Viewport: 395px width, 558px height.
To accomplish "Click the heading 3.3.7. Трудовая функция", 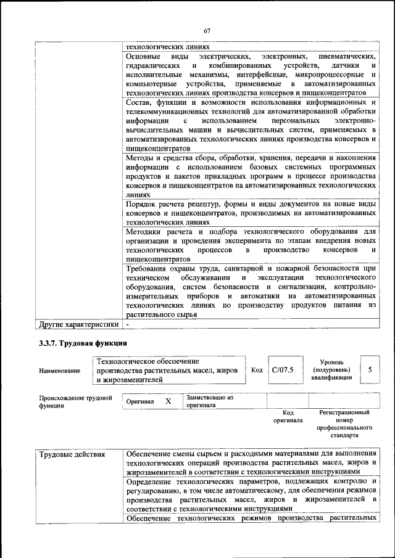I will click(83, 342).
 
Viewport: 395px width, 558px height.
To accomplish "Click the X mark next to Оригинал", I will click(167, 401).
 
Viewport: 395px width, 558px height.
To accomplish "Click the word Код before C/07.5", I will click(257, 370).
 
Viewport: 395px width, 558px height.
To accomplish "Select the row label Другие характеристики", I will click(78, 323).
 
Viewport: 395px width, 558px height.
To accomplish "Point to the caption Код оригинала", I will click(288, 417).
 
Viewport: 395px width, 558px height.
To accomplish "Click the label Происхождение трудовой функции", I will click(75, 402).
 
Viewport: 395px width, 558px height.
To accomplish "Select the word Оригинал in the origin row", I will click(139, 401).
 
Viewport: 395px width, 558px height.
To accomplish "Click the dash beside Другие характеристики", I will click(127, 323).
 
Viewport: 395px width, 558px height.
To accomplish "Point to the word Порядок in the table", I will click(141, 204).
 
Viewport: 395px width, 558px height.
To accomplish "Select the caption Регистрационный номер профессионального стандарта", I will click(344, 423).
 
